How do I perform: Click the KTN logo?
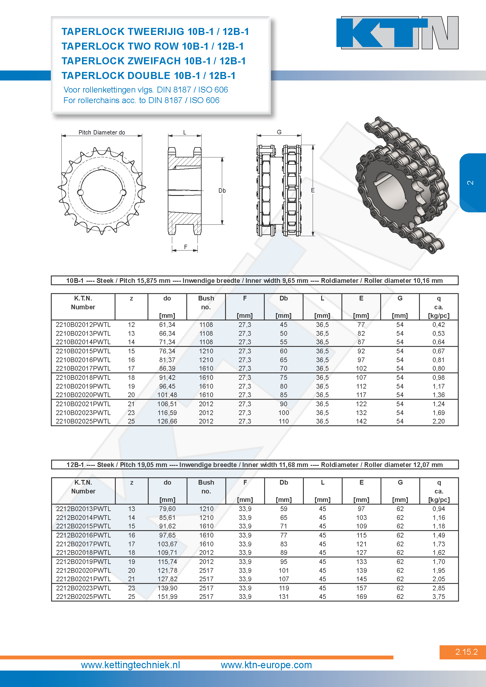398,33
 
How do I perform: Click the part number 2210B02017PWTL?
83,368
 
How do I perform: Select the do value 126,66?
167,421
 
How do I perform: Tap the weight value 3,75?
438,597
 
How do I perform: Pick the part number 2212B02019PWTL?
83,562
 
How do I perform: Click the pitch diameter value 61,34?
167,325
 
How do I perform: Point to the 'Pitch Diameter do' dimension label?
102,132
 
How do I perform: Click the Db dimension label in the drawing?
222,191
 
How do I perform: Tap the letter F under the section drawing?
186,247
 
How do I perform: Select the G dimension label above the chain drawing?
279,132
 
